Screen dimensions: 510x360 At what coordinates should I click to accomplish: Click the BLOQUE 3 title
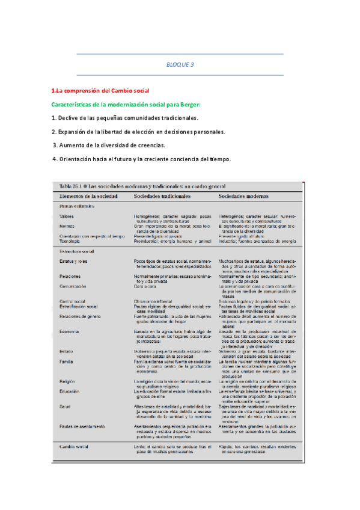(x=180, y=65)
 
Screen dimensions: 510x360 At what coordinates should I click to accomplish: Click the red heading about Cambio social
(x=100, y=91)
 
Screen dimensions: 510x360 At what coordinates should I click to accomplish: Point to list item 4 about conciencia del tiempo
(x=141, y=159)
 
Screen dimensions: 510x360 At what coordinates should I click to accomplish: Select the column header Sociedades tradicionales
(x=162, y=196)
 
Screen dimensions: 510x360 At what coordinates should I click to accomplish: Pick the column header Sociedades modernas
(x=243, y=196)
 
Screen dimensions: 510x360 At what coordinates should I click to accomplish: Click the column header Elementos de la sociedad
(x=88, y=196)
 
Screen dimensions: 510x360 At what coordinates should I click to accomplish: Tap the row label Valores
(x=67, y=215)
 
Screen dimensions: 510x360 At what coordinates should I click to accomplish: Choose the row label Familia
(x=66, y=361)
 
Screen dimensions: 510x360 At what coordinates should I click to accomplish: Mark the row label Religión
(x=67, y=381)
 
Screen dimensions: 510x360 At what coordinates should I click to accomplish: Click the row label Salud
(x=65, y=407)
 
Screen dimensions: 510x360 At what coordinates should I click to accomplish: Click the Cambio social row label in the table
(x=74, y=447)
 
